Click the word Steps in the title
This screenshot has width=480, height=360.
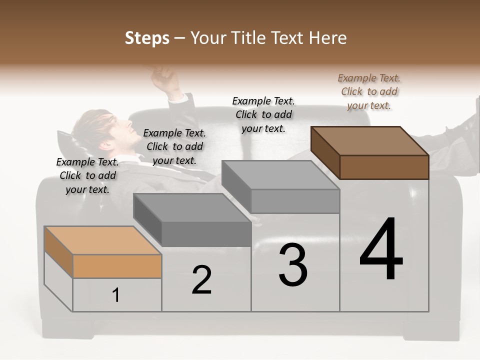coord(147,38)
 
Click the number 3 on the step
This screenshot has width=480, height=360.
coord(293,264)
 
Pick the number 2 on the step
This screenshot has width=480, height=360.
coord(201,279)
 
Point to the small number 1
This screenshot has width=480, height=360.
coord(115,295)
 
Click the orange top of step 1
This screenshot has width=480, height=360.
coord(103,240)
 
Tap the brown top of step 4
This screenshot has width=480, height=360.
coord(370,140)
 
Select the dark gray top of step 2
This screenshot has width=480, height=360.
coord(192,207)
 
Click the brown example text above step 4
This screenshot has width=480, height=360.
coord(369,91)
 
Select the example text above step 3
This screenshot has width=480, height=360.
coord(263,114)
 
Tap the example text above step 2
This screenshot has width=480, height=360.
coord(174,146)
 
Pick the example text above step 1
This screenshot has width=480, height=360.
coord(87,175)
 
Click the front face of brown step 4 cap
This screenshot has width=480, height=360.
coord(384,167)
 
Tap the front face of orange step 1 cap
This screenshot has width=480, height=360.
coord(117,266)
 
